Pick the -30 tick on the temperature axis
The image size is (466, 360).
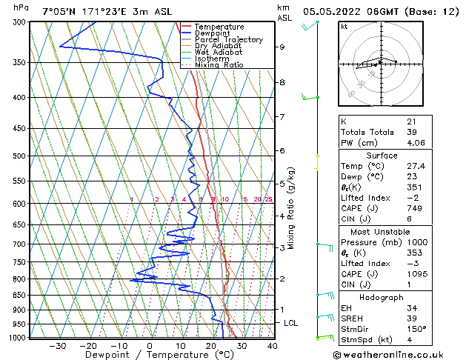click(x=57, y=345)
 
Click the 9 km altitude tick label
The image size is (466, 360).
click(x=282, y=47)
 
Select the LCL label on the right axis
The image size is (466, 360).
click(x=291, y=323)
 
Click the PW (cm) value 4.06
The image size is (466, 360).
click(x=416, y=143)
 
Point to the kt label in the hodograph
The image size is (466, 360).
click(x=344, y=26)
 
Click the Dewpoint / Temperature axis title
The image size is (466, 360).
click(x=150, y=355)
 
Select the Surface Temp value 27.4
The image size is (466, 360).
click(x=415, y=167)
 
